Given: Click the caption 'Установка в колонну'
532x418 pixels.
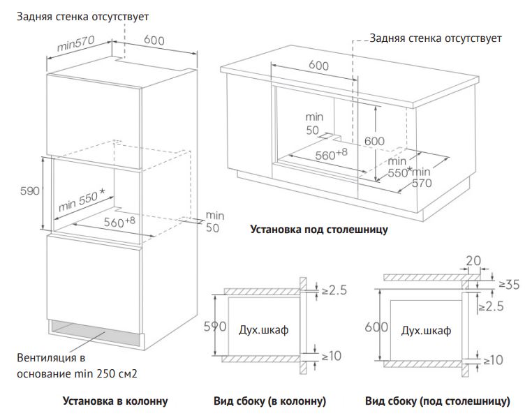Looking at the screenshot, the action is pos(115,401).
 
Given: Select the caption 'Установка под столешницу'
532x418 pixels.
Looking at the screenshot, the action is pos(319,230).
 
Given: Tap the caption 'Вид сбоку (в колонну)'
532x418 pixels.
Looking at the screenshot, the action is pos(269,401).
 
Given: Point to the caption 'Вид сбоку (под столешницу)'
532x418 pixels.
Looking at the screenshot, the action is pos(437,401).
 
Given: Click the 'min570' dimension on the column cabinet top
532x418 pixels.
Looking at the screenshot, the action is pos(75,44).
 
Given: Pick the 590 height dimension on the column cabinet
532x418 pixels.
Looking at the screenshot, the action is pos(30,191).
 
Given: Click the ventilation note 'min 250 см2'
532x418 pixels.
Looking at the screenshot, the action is pos(105,373).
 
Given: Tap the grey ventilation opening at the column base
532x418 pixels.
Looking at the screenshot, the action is pos(95,334).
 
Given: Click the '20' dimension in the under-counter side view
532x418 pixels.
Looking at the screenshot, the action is pos(473,261).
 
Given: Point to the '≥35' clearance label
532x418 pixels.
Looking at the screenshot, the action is pos(509,285).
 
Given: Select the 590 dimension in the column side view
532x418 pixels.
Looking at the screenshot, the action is pos(215,326).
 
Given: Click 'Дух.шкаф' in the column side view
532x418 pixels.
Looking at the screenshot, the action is pos(264,329).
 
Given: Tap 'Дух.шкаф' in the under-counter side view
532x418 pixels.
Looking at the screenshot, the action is pos(426,330).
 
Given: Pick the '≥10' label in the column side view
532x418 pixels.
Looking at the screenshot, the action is pos(331,356).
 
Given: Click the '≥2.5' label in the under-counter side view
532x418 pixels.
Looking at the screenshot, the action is pos(491,306).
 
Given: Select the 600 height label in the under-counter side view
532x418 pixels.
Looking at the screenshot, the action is pos(376,327).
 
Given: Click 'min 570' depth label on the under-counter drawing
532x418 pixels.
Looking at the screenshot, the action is pos(421,178).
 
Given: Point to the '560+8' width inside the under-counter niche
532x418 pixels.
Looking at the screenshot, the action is pos(331,154).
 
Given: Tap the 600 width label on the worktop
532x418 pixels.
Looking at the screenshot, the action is pos(318,65).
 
